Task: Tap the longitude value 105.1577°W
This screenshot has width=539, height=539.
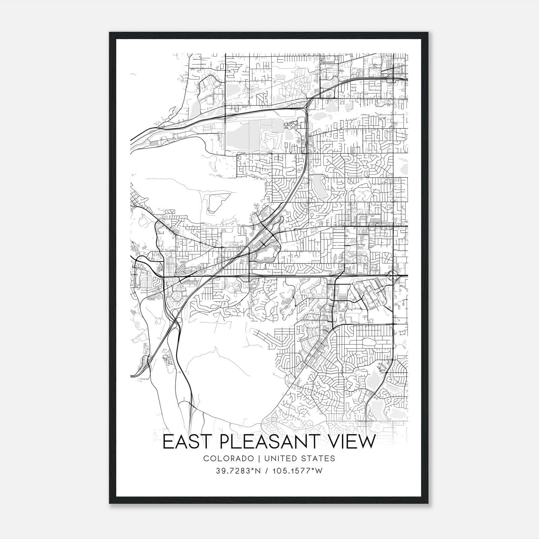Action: point(298,471)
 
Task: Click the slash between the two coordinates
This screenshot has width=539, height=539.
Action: point(267,471)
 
